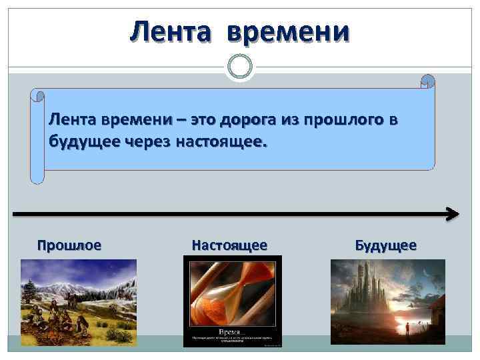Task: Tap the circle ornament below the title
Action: click(x=239, y=65)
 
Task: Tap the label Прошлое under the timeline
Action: click(x=69, y=245)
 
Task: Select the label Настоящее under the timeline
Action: click(x=229, y=245)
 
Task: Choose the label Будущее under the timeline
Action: click(x=386, y=245)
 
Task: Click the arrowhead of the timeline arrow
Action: click(x=453, y=214)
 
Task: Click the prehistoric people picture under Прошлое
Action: click(x=79, y=301)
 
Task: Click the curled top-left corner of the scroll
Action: click(x=37, y=95)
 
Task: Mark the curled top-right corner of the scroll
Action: click(x=427, y=81)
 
